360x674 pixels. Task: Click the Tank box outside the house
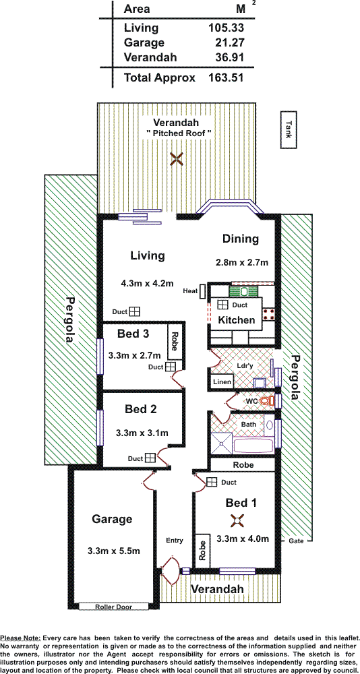coord(289,130)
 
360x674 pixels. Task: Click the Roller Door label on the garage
coord(113,607)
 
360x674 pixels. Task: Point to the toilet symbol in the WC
coord(268,401)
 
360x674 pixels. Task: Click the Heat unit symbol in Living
coord(202,291)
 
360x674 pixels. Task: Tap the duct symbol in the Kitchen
coord(222,305)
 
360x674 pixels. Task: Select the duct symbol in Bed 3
coord(171,367)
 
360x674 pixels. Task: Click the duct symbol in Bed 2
coord(150,458)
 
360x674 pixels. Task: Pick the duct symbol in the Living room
coord(135,311)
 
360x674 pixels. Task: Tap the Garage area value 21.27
coord(231,42)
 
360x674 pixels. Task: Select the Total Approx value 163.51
coord(227,78)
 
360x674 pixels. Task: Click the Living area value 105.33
coord(227,28)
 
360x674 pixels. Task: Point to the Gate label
coord(296,541)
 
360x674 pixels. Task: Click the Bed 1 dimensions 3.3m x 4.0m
coord(243,539)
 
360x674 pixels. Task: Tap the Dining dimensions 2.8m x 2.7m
coord(242,262)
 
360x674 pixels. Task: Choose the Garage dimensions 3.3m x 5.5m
coord(113,551)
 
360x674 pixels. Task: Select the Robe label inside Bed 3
coord(174,341)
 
